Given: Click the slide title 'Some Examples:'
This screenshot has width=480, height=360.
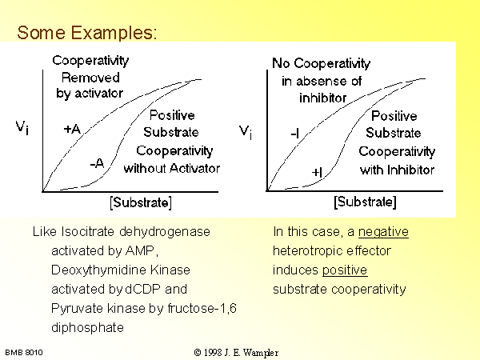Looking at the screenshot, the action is click(87, 33).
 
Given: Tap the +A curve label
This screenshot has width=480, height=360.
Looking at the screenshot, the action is click(72, 129).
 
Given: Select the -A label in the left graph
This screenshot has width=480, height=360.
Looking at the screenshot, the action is click(98, 163).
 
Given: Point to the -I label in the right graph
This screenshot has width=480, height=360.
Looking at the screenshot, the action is click(294, 134).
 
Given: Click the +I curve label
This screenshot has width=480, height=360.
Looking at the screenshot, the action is click(317, 172).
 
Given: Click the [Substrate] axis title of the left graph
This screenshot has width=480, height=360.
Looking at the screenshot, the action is click(141, 202).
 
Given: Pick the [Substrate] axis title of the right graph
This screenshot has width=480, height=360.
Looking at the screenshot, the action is click(366, 202).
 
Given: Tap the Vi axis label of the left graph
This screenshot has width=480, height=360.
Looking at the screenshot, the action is click(22, 127).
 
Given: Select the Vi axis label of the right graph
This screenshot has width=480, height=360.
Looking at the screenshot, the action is click(246, 132).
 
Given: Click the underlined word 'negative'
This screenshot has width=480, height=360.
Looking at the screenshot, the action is click(383, 232).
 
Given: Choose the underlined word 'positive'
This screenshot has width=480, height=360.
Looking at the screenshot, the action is click(345, 270).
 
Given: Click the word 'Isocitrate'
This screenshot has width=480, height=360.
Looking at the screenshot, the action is click(87, 232).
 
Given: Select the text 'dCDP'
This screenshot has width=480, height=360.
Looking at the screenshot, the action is click(142, 289).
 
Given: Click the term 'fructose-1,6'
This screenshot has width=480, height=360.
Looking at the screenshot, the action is click(202, 308).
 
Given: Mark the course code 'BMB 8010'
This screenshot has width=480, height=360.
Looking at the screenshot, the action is click(24, 353).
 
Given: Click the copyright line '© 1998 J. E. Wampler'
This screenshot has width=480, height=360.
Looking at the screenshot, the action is click(236, 353).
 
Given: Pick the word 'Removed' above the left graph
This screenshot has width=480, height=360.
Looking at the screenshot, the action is click(90, 78).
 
